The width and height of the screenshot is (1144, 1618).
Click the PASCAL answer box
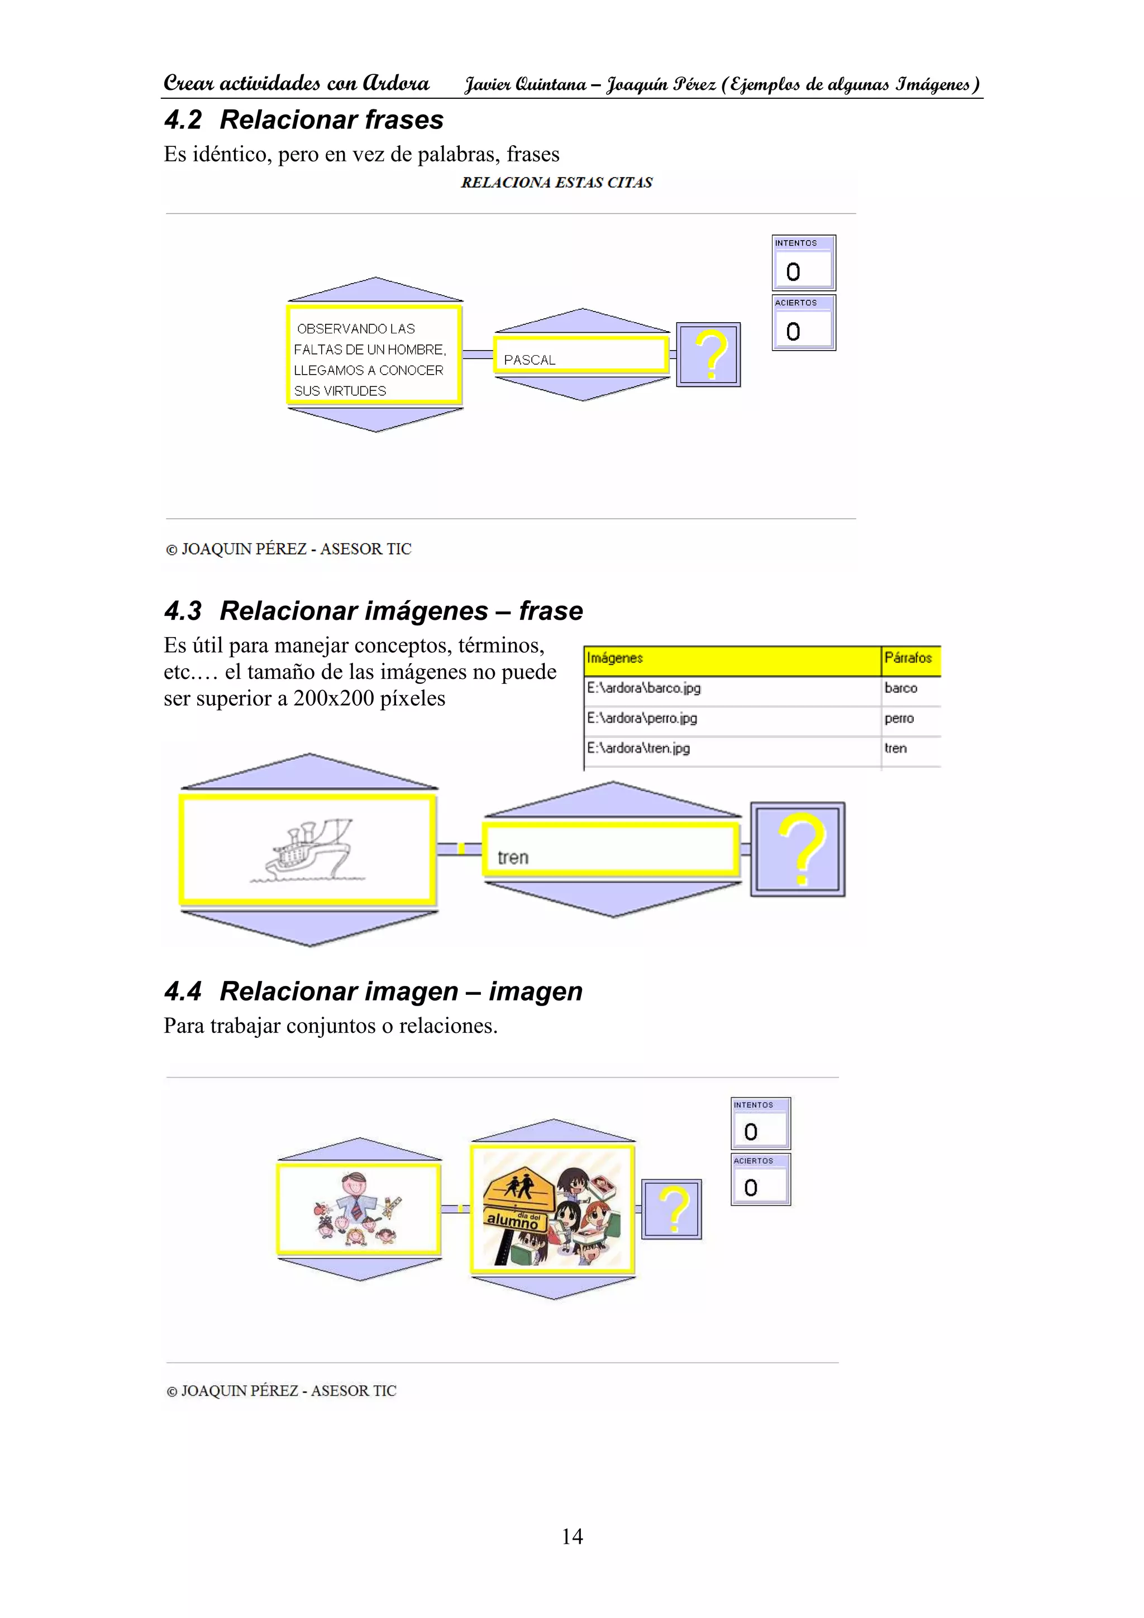pyautogui.click(x=581, y=355)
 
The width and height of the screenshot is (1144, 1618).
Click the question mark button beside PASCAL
pyautogui.click(x=708, y=355)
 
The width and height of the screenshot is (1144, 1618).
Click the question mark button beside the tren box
pyautogui.click(x=798, y=849)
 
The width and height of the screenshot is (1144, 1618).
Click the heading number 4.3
pyautogui.click(x=183, y=610)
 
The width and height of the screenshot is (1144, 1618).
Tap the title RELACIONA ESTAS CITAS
pyautogui.click(x=557, y=183)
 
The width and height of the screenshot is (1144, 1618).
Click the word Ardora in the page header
pyautogui.click(x=395, y=83)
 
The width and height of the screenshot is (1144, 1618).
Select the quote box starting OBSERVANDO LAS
pyautogui.click(x=374, y=355)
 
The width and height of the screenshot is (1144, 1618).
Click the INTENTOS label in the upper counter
pyautogui.click(x=796, y=243)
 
